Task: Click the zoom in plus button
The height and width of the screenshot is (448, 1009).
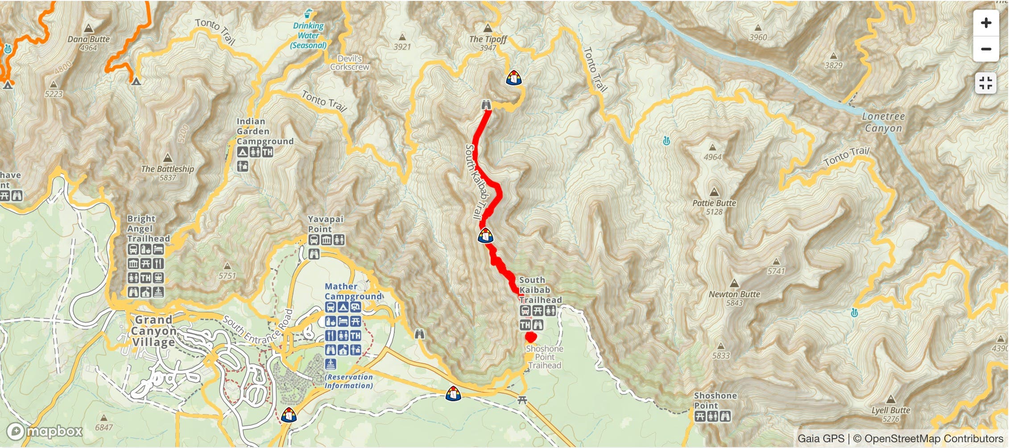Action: tap(986, 23)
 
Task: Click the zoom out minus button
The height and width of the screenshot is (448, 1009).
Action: tap(986, 49)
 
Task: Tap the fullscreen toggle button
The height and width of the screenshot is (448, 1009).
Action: tap(986, 83)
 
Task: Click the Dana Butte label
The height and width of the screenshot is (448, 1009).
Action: tap(88, 39)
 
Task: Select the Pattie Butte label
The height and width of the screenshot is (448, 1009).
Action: tap(714, 203)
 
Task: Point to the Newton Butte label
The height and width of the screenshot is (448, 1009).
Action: tap(734, 294)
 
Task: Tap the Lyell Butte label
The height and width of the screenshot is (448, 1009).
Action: tap(891, 410)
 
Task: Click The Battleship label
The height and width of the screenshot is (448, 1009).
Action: tap(167, 169)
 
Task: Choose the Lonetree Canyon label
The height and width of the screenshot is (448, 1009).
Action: tap(883, 122)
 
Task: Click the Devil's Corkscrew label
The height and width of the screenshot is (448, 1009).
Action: tap(350, 63)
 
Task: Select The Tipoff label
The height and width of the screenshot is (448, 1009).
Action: tap(488, 39)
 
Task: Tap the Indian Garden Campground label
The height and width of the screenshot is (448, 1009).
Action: tap(265, 131)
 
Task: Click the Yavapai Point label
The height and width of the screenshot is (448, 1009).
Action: tap(326, 224)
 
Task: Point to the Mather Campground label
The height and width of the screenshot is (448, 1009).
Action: tap(353, 291)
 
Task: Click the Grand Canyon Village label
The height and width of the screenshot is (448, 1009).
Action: tap(153, 331)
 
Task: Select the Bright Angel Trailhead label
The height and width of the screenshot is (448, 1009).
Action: tap(148, 228)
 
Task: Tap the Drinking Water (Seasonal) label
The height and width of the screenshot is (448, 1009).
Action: tap(308, 36)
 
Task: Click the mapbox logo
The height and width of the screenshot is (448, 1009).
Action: tap(45, 431)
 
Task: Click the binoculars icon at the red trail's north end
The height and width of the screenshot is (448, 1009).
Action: tap(486, 105)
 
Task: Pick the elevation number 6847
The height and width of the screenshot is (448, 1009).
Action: tap(103, 427)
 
